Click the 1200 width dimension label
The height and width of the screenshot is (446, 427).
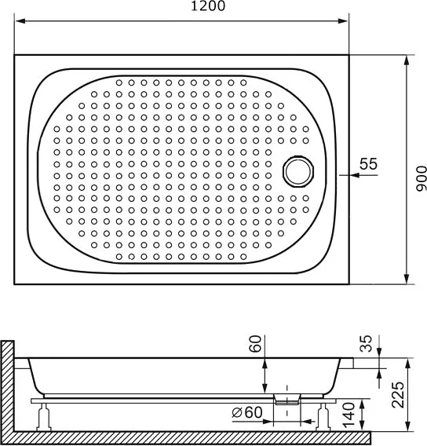[x=208, y=5]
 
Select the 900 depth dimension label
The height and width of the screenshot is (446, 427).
[x=422, y=178]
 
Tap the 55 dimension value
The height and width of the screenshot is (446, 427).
[x=368, y=163]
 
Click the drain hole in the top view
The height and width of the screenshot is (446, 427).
[x=298, y=171]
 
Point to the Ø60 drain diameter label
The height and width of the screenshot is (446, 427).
[x=246, y=412]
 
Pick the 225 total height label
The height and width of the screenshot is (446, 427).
[x=398, y=394]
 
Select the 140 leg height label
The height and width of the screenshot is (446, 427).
[x=349, y=415]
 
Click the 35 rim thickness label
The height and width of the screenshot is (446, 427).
[x=366, y=343]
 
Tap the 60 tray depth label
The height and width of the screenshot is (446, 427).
[x=255, y=344]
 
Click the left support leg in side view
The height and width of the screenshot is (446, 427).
[x=44, y=417]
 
